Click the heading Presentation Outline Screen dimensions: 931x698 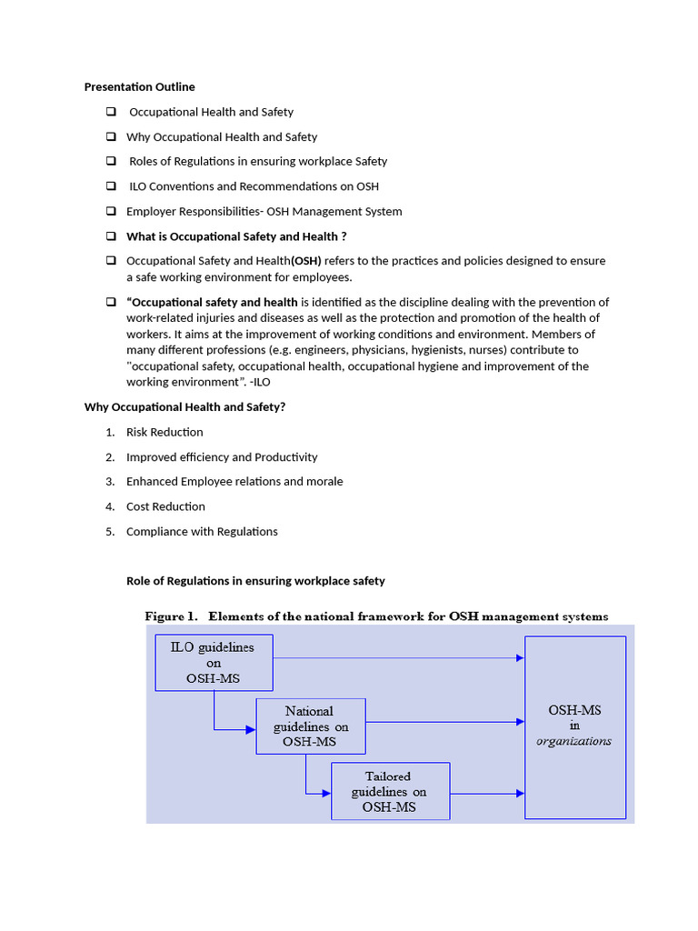pyautogui.click(x=139, y=87)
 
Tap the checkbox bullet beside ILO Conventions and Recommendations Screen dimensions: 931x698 pyautogui.click(x=110, y=186)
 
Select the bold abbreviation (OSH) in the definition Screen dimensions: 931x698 pyautogui.click(x=305, y=261)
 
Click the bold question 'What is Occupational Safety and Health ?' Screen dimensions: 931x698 pyautogui.click(x=236, y=236)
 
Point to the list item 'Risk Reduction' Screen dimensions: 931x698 pyautogui.click(x=165, y=432)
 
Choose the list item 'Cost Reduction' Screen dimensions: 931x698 pyautogui.click(x=165, y=506)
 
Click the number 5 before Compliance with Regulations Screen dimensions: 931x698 pyautogui.click(x=109, y=532)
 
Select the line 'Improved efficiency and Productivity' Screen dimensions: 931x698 pyautogui.click(x=222, y=457)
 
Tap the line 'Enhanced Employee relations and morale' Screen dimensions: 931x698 pyautogui.click(x=234, y=482)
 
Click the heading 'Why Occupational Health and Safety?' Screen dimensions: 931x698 pyautogui.click(x=184, y=406)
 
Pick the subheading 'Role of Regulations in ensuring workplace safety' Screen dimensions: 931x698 pyautogui.click(x=255, y=581)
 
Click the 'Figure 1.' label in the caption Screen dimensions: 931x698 pyautogui.click(x=171, y=616)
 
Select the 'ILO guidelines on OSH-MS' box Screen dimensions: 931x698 pyautogui.click(x=214, y=663)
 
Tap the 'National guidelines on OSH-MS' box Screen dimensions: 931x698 pyautogui.click(x=310, y=726)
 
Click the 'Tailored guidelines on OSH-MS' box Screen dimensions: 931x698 pyautogui.click(x=390, y=791)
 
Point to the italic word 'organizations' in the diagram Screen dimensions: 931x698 pyautogui.click(x=573, y=741)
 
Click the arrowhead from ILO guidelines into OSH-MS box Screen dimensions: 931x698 pyautogui.click(x=520, y=657)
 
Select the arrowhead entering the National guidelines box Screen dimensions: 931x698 pyautogui.click(x=251, y=729)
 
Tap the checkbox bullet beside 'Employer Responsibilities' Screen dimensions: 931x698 pyautogui.click(x=110, y=211)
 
